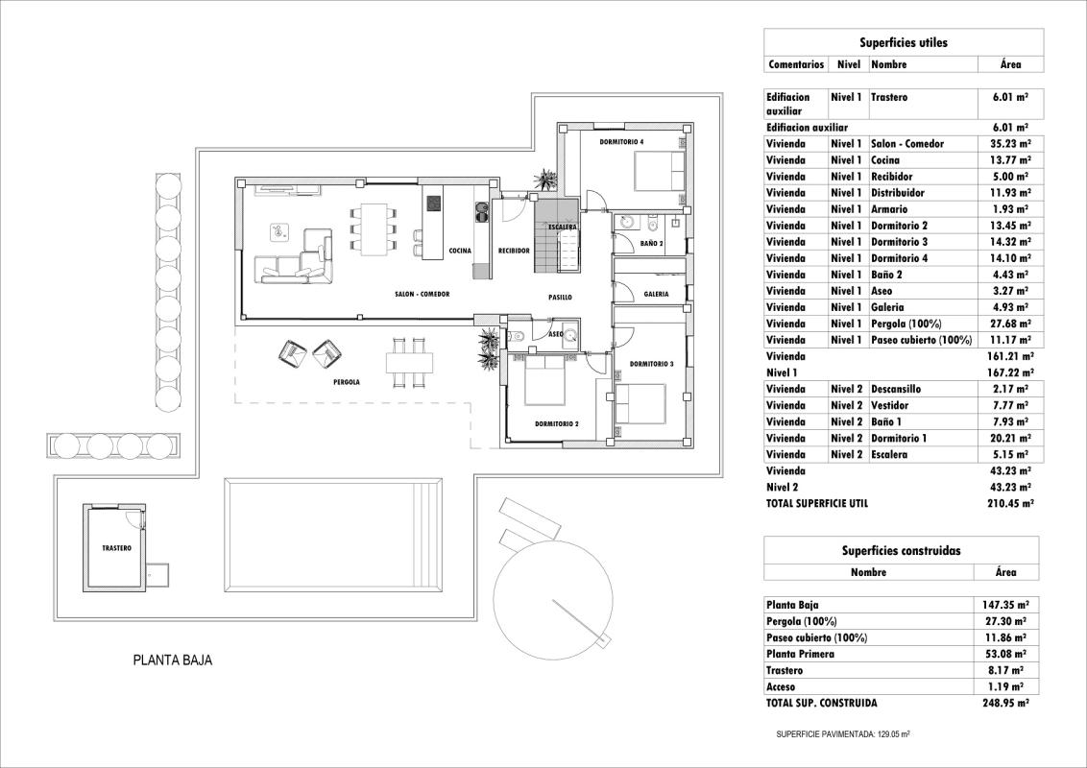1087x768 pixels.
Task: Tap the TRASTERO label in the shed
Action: (116, 548)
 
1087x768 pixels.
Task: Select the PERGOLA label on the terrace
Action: (346, 382)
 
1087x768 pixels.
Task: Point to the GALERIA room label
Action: (657, 294)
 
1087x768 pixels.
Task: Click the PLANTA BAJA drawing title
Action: (172, 660)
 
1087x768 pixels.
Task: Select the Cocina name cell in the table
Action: (885, 160)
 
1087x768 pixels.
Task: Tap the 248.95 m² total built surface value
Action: (1004, 703)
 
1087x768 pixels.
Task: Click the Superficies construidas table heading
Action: (901, 551)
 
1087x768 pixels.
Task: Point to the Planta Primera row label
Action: (801, 654)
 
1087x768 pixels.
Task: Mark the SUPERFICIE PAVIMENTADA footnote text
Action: (842, 733)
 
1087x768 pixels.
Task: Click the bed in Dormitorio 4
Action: (658, 173)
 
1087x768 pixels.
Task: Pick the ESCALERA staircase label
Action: (562, 228)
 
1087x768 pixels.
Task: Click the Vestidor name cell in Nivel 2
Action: (889, 405)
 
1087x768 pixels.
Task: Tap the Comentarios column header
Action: (796, 64)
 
